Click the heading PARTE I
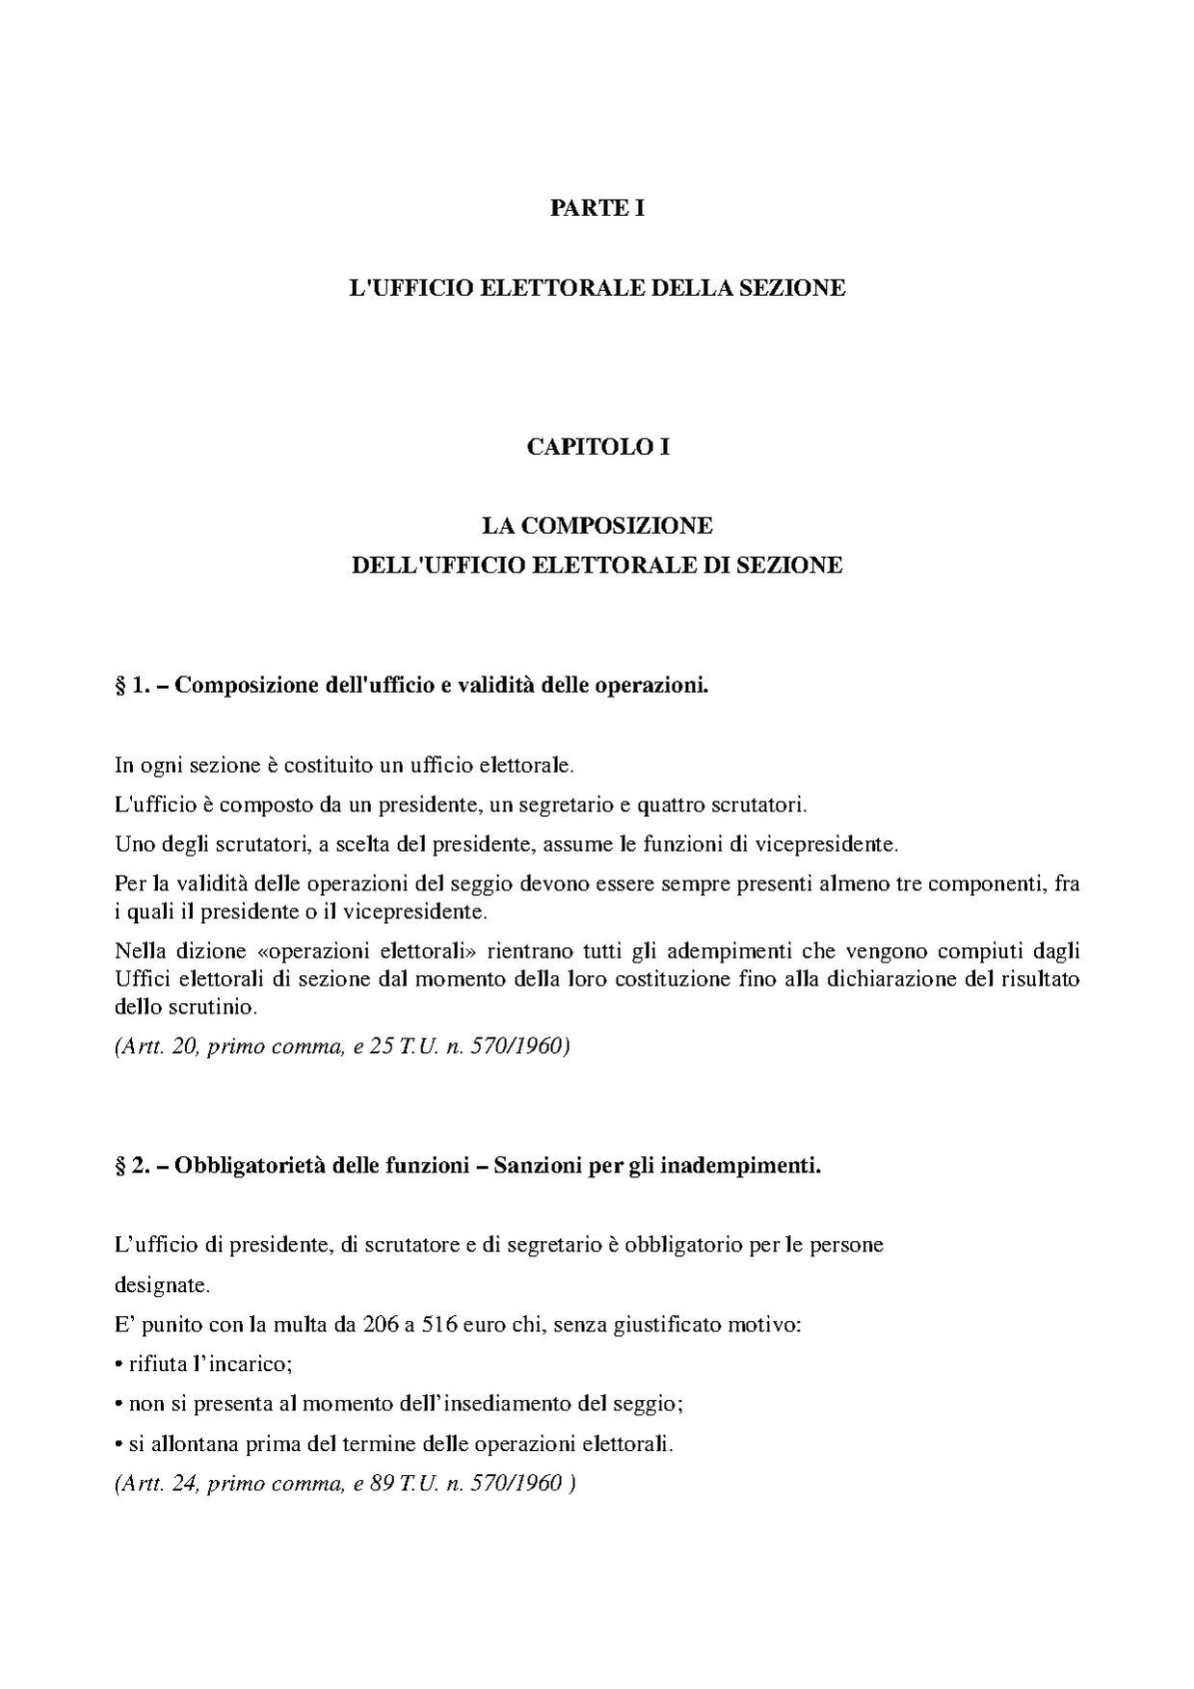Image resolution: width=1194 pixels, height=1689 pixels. (x=597, y=208)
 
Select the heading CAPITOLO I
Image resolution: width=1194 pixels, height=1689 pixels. (x=597, y=447)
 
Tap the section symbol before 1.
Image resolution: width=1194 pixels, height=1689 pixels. (x=119, y=686)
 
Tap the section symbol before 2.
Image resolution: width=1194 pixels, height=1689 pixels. (x=119, y=1166)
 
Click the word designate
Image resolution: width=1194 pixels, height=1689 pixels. (x=160, y=1285)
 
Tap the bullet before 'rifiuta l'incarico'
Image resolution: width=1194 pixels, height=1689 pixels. (x=119, y=1365)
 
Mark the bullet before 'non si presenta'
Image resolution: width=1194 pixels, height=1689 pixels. (x=119, y=1405)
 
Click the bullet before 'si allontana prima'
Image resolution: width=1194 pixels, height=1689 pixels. (x=119, y=1445)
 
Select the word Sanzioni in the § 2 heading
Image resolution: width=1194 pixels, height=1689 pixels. (x=536, y=1166)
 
